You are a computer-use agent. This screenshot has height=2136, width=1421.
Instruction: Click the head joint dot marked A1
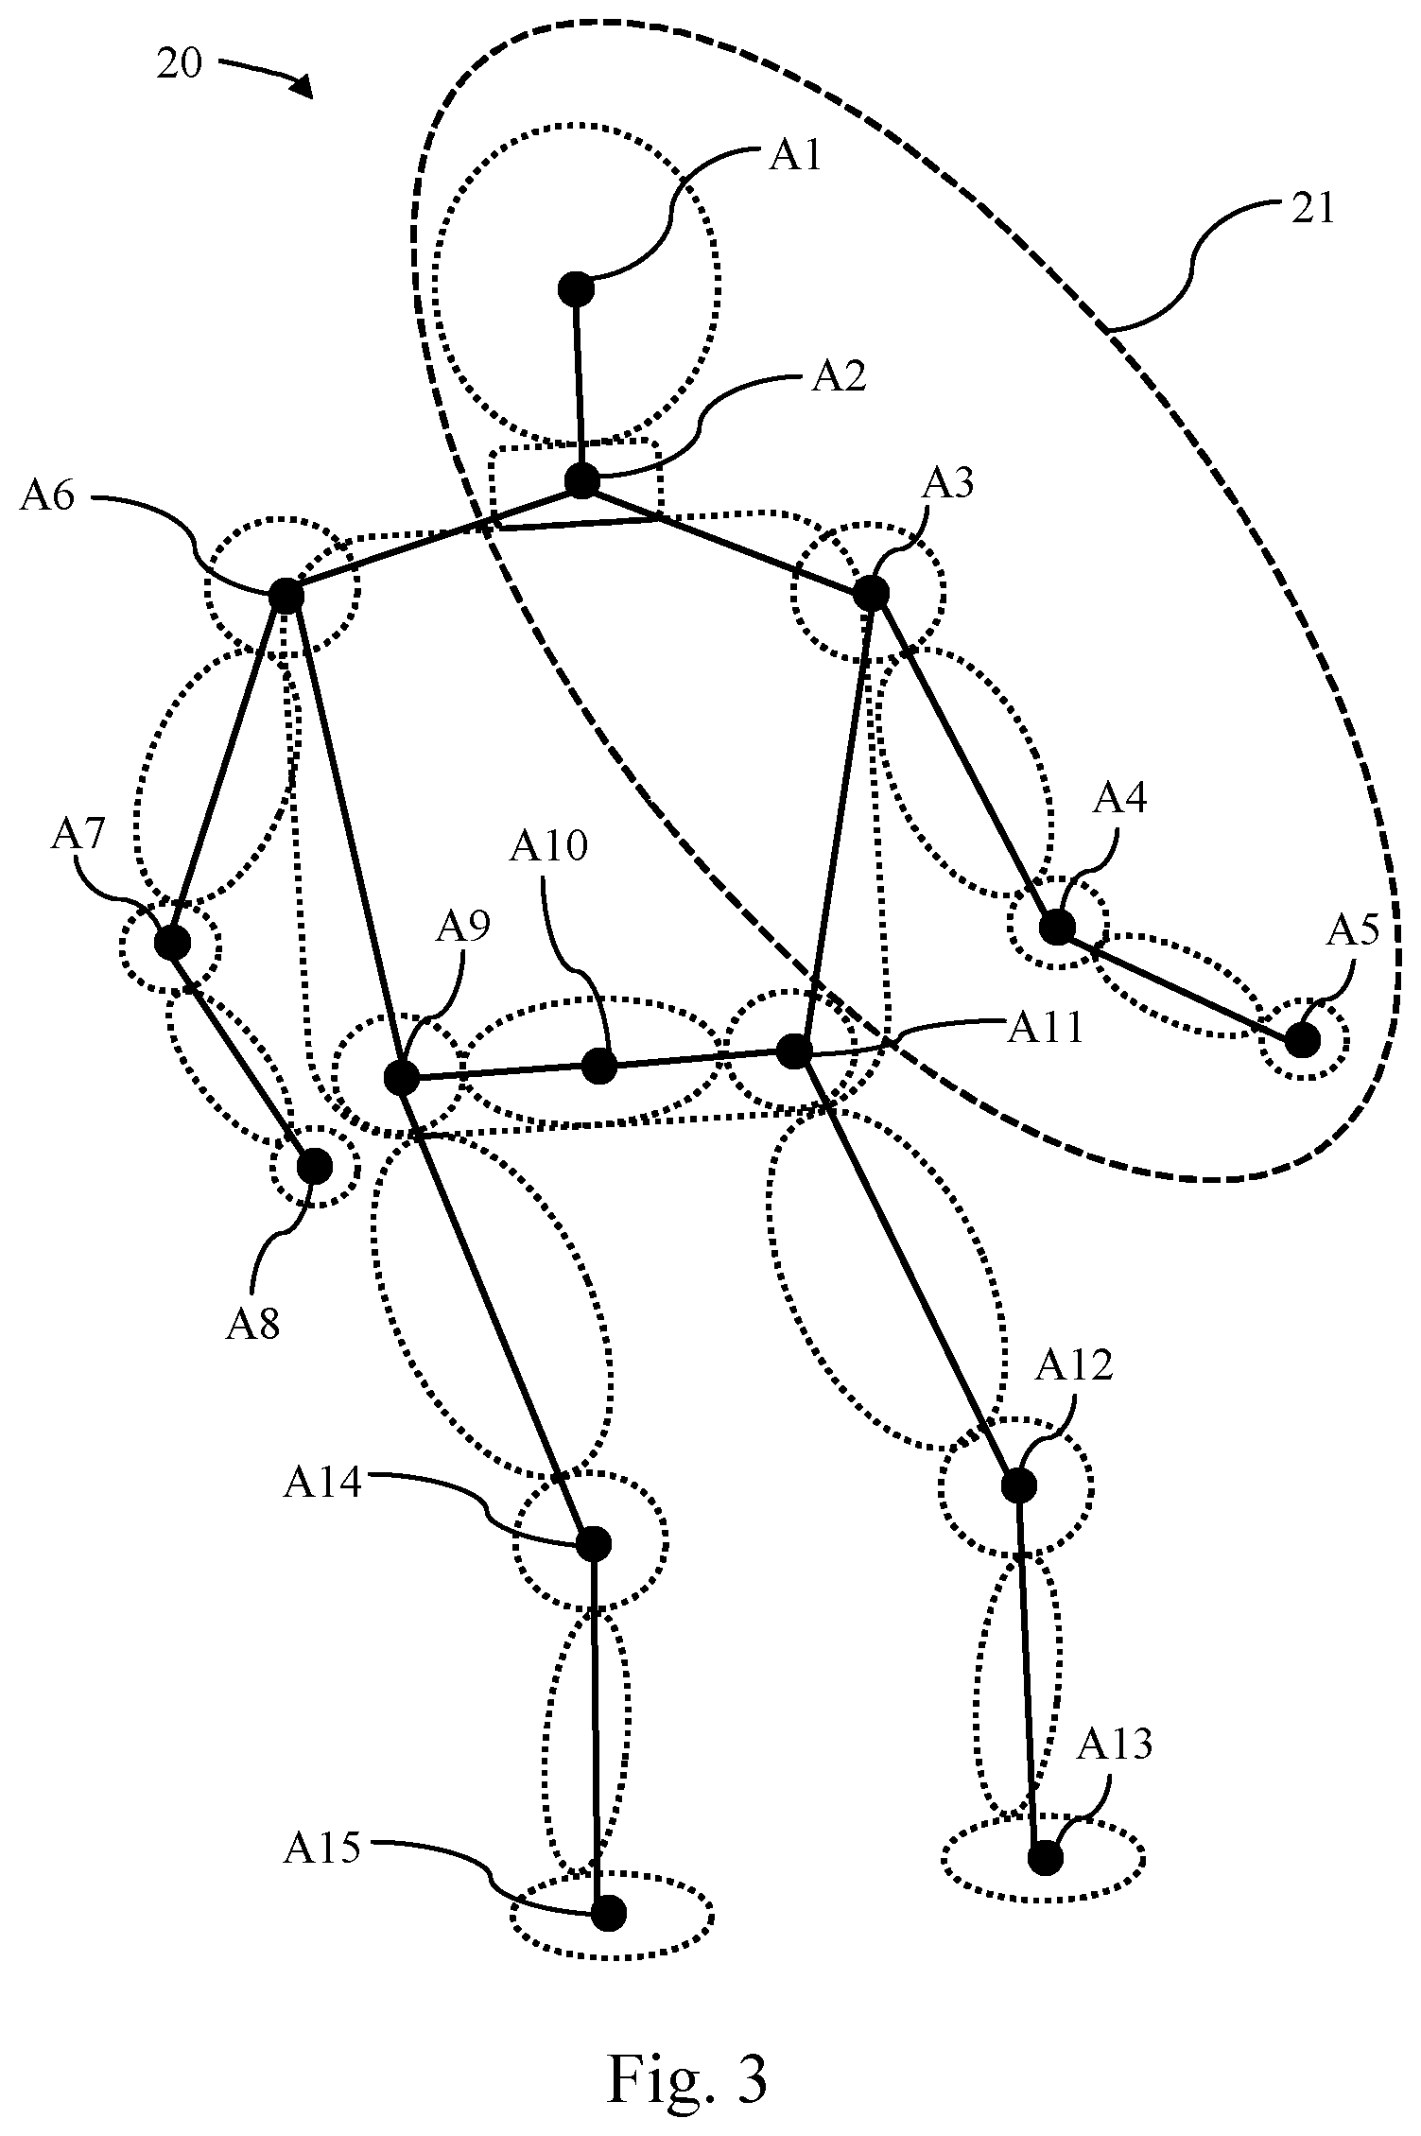click(576, 287)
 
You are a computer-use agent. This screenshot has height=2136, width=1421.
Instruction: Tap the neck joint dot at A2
click(582, 480)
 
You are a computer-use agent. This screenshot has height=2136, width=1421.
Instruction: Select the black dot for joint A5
click(1302, 1040)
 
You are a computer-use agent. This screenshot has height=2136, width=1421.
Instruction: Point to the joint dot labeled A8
click(315, 1166)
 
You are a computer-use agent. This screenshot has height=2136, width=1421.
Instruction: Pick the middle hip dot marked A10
click(599, 1067)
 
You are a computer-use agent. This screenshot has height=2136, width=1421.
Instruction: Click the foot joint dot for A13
click(1046, 1858)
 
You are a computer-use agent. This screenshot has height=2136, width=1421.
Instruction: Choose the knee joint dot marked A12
click(1018, 1485)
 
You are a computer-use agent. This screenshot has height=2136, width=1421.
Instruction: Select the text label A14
click(322, 1483)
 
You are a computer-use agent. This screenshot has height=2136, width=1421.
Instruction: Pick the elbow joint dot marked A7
click(171, 943)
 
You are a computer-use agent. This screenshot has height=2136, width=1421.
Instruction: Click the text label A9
click(462, 928)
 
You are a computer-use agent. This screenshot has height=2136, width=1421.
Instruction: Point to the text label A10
click(548, 846)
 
